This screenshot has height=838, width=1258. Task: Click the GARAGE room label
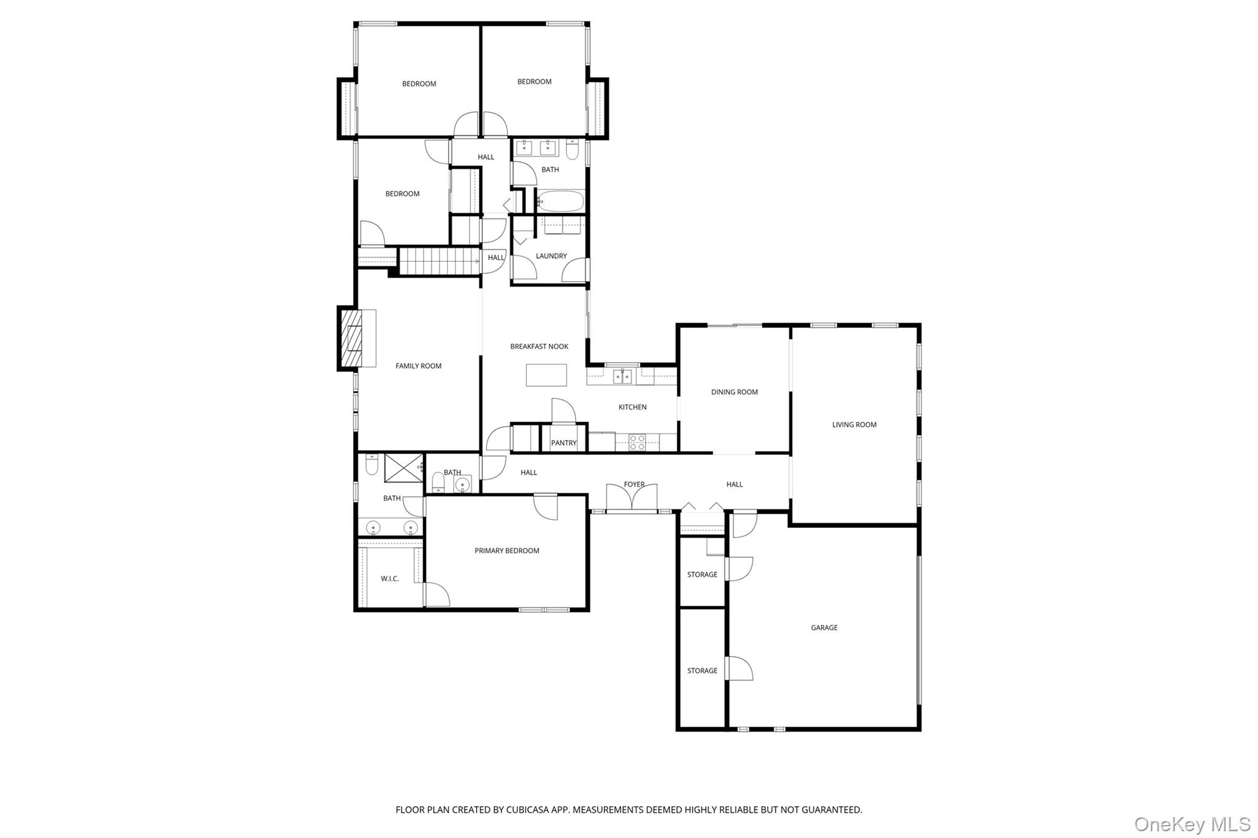tap(824, 627)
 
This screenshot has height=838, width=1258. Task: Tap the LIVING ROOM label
tap(854, 424)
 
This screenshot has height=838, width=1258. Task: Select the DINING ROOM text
tap(734, 392)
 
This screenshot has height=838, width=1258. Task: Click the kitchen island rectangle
tap(546, 375)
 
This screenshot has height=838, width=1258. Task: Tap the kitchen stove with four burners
tap(637, 443)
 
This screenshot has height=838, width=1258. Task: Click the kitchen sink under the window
tap(623, 376)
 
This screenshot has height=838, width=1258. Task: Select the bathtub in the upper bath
tap(560, 201)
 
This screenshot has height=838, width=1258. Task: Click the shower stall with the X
tap(404, 468)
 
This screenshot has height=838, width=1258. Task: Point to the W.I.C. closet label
tap(389, 578)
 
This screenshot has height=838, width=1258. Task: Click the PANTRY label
tap(563, 443)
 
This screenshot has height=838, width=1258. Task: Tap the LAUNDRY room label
tap(551, 256)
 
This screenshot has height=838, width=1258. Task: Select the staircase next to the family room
tap(439, 260)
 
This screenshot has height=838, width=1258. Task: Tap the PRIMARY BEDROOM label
tap(507, 551)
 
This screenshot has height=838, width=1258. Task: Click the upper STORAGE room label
tap(702, 575)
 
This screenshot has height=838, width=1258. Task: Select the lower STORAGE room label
tap(702, 670)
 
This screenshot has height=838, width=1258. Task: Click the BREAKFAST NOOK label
tap(539, 346)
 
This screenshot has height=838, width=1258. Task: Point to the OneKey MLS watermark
tap(1192, 824)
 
